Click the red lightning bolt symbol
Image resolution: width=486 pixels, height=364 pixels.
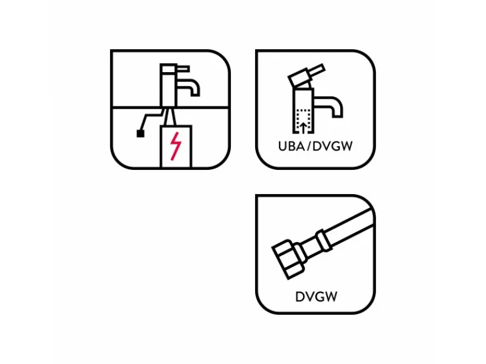pos(176,146)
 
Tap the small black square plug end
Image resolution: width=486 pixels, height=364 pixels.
pos(140,133)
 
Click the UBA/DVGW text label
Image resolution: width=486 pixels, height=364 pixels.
pos(315,146)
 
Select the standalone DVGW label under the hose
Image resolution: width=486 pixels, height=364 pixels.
pos(316,297)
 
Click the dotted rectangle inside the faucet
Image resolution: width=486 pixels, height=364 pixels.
pos(304,121)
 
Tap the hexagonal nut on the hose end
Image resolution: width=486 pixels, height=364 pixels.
pos(287,259)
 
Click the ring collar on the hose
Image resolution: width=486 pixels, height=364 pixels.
pos(324,240)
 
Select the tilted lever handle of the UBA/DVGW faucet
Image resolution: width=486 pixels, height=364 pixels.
pos(306,75)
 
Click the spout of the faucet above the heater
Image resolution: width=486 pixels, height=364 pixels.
pos(188,87)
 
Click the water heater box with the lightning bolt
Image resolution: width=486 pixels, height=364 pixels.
pos(176,146)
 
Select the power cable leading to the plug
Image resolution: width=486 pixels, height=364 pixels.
pos(151,120)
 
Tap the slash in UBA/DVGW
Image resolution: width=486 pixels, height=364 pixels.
pos(309,146)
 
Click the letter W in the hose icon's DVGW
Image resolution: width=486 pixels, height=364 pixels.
pos(330,297)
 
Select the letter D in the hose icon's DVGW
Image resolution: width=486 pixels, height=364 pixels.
pos(299,297)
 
